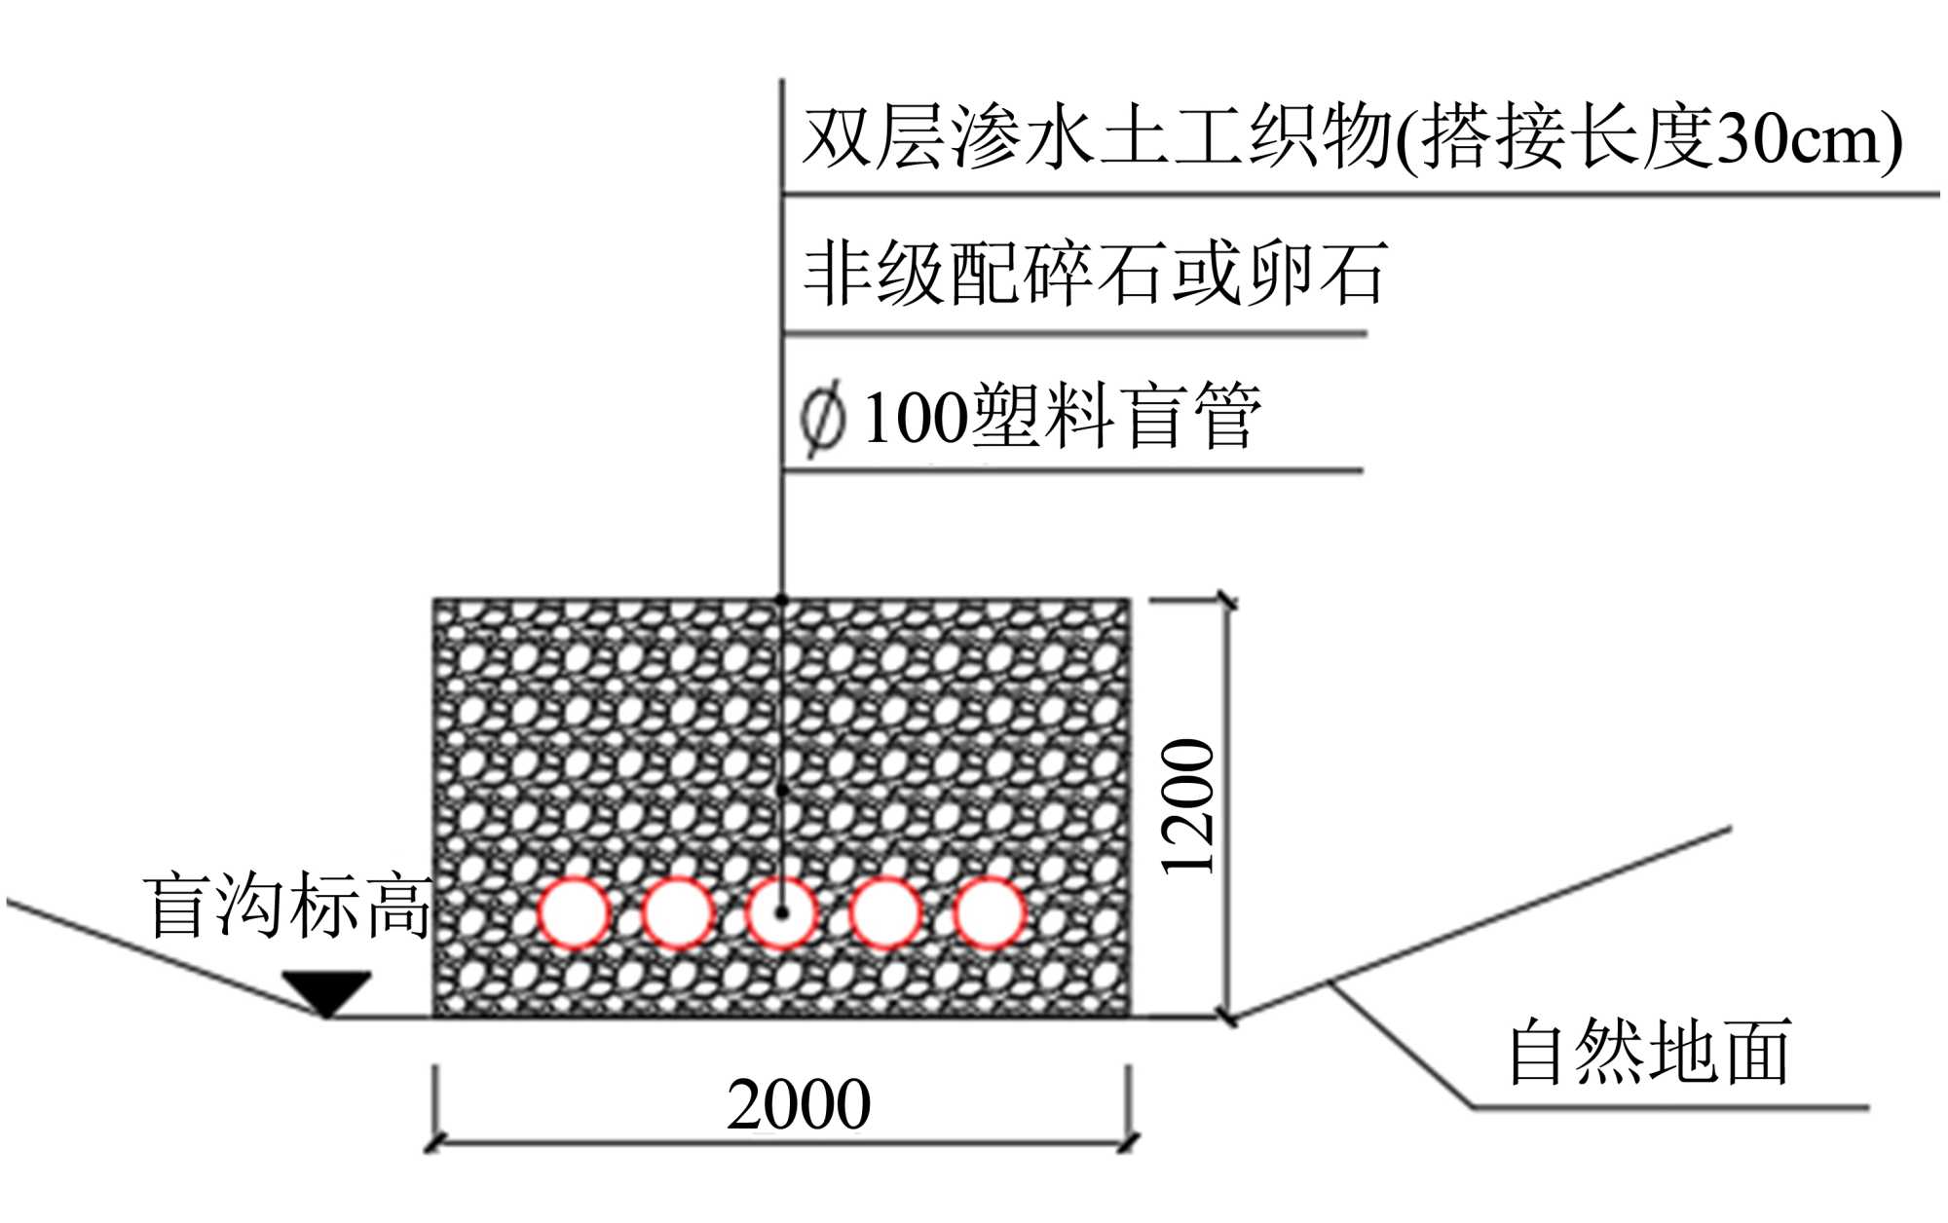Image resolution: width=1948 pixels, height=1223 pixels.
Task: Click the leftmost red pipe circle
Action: click(x=575, y=912)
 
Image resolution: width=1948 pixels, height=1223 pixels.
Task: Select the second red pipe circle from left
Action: click(x=678, y=912)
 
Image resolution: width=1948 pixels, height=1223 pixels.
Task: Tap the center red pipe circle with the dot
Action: click(x=781, y=912)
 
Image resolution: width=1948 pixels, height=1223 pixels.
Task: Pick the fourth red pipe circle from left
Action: click(x=885, y=912)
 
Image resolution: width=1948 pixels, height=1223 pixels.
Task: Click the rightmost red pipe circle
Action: click(x=989, y=912)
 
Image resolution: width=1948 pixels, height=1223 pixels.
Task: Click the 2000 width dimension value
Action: click(x=799, y=1104)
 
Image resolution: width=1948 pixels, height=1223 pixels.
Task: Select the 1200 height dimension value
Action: click(x=1189, y=806)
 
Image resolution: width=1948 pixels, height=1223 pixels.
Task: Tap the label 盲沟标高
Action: click(x=288, y=907)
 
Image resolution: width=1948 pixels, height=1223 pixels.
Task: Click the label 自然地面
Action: click(x=1649, y=1053)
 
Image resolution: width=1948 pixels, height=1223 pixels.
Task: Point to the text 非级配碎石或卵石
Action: click(x=1095, y=274)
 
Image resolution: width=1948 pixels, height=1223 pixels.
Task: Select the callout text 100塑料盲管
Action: click(x=1062, y=417)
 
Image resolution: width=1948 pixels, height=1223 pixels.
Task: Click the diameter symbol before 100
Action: click(x=822, y=419)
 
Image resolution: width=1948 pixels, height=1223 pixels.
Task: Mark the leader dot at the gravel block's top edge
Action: click(x=781, y=600)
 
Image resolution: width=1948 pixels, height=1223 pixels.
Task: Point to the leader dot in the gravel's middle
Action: click(x=781, y=791)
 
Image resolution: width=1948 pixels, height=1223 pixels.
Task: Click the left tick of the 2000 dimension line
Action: click(x=435, y=1142)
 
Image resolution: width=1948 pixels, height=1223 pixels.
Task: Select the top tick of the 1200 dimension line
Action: click(x=1227, y=602)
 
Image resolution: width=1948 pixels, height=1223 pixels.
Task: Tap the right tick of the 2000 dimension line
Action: click(x=1129, y=1142)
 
